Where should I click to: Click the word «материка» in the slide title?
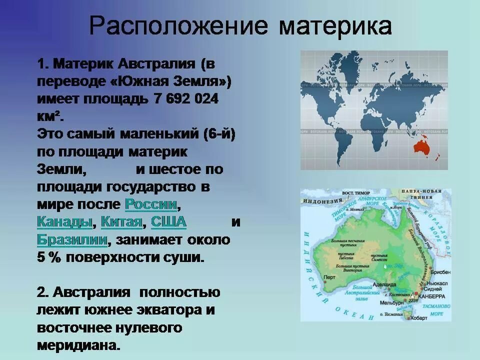pyautogui.click(x=335, y=25)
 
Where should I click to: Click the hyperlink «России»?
pyautogui.click(x=151, y=204)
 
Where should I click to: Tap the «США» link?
pyautogui.click(x=168, y=221)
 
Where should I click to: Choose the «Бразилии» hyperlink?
pyautogui.click(x=72, y=239)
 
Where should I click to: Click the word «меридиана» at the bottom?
pyautogui.click(x=78, y=345)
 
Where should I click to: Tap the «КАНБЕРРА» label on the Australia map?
pyautogui.click(x=433, y=294)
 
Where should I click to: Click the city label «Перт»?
pyautogui.click(x=329, y=276)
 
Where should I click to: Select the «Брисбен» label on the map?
pyautogui.click(x=439, y=273)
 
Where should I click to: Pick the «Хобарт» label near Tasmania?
pyautogui.click(x=418, y=317)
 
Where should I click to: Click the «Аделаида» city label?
pyautogui.click(x=385, y=284)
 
